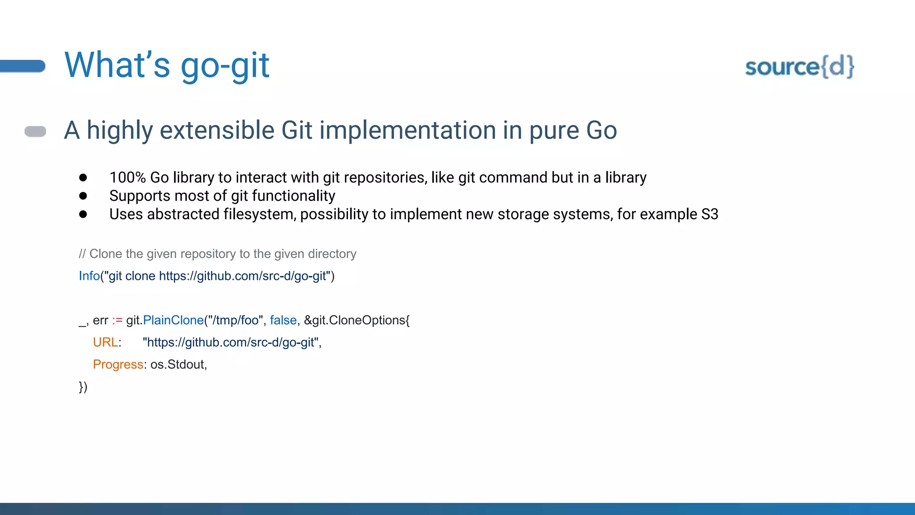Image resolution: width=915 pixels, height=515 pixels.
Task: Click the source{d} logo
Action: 799,67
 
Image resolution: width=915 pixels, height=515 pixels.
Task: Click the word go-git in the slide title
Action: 225,66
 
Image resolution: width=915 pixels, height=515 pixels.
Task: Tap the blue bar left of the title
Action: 23,66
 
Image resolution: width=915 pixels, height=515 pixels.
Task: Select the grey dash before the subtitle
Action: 35,131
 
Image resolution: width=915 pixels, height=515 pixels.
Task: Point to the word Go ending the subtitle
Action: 601,130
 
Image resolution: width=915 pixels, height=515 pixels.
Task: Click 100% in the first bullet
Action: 127,177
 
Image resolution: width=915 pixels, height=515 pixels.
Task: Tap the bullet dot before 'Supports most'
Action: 83,196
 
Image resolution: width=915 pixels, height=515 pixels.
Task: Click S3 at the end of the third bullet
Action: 709,214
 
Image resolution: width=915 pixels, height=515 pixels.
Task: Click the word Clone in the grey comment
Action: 106,254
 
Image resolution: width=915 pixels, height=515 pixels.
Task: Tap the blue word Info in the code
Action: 89,276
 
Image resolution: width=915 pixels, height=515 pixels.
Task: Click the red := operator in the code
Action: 117,320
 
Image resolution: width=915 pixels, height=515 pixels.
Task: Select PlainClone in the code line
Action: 173,320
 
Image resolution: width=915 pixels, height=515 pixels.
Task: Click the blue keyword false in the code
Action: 283,320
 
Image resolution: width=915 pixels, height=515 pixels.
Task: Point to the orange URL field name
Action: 105,342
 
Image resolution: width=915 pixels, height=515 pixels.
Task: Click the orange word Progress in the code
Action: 118,365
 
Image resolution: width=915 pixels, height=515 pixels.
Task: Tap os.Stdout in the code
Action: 178,365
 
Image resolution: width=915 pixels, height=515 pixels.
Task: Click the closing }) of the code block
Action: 83,387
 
